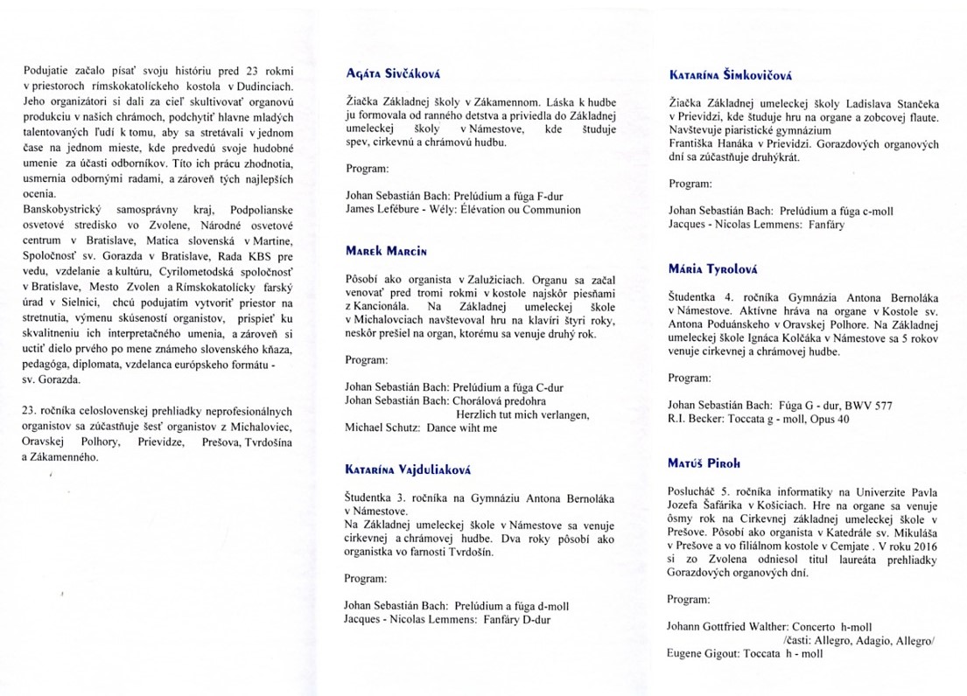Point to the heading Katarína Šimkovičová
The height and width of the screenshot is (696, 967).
point(725,75)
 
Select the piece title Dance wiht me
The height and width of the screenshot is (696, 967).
point(462,428)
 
